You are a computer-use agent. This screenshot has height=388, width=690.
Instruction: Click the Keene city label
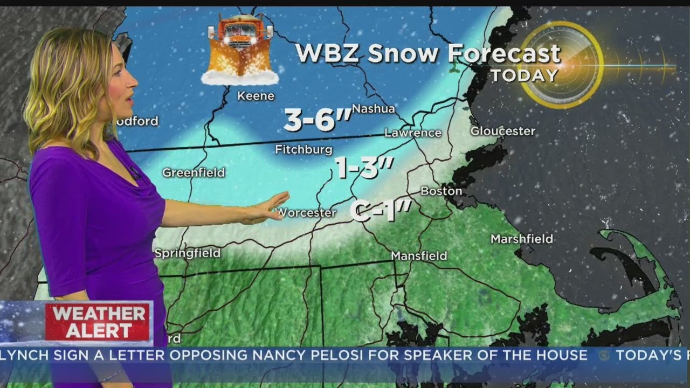(x=256, y=96)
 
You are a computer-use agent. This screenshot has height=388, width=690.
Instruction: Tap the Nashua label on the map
(x=374, y=109)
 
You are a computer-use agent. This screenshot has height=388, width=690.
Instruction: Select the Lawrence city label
(x=413, y=133)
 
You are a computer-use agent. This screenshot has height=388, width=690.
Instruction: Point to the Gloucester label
(x=503, y=131)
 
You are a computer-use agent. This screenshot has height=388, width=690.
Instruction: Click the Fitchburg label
(x=303, y=150)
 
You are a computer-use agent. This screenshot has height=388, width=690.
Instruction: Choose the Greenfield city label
(x=194, y=173)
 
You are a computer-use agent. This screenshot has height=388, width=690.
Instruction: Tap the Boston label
(x=441, y=191)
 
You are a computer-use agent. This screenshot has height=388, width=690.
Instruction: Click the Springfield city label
(x=187, y=253)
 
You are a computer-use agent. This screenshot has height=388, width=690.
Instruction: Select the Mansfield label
(x=419, y=256)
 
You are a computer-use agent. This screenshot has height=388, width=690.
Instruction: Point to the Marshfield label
(x=522, y=239)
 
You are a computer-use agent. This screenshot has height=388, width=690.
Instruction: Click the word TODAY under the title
(x=524, y=75)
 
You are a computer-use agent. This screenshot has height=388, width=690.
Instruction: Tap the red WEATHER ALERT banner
(x=98, y=322)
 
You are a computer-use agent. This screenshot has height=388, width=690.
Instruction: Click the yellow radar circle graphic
(x=561, y=65)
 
